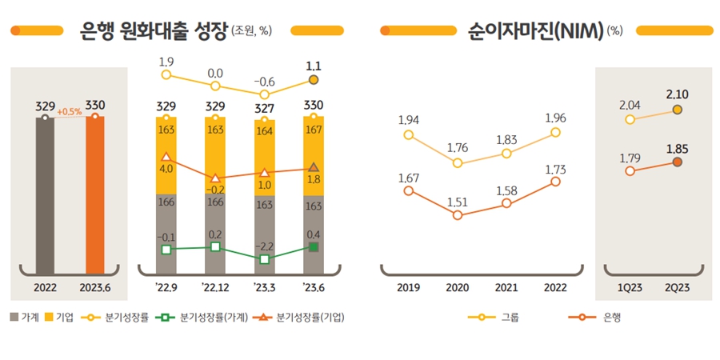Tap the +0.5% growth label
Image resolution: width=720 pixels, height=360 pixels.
pos(70,111)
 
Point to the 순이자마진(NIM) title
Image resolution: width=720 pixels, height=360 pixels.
pos(536,31)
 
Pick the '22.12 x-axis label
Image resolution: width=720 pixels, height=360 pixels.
pos(215,288)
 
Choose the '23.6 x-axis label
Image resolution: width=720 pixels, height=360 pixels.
pos(314,288)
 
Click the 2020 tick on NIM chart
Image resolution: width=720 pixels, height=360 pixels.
pos(458,288)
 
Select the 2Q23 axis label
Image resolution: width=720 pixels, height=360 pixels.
pos(677,288)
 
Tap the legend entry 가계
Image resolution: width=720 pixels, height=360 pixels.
pos(26,318)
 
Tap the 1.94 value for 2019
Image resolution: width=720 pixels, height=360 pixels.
pos(409,120)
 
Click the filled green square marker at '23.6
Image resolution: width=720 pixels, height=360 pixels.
pos(314,247)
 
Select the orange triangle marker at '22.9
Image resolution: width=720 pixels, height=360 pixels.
pos(166,158)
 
